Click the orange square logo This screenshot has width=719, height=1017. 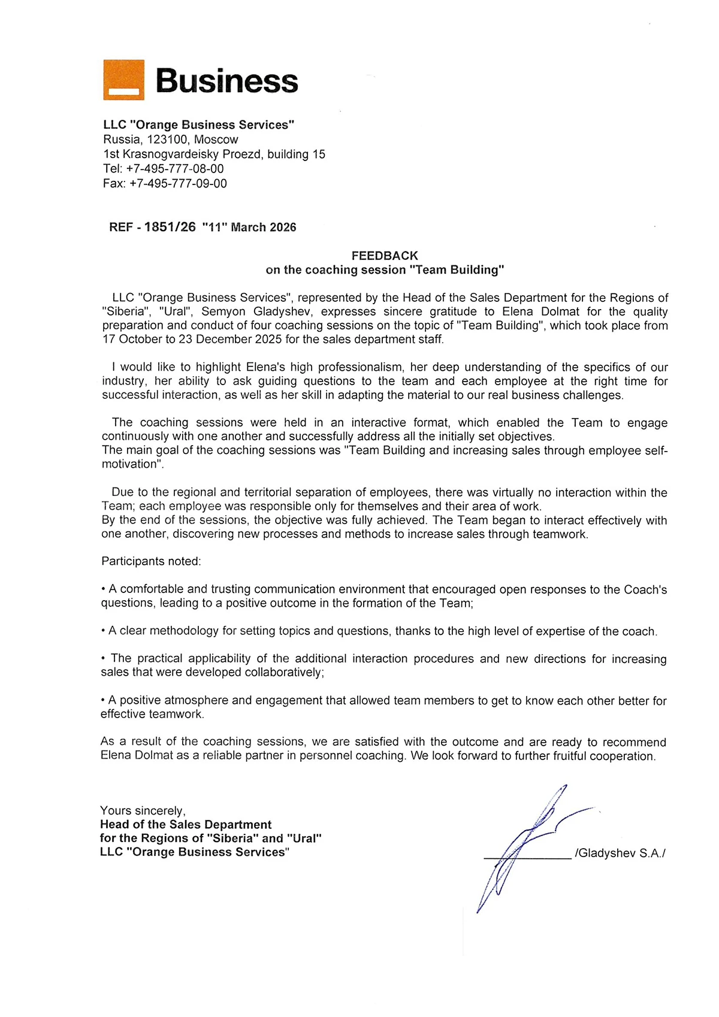[123, 80]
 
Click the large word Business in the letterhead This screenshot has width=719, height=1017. [226, 81]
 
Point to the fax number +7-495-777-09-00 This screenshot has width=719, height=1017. [178, 184]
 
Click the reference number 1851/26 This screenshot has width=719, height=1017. [170, 227]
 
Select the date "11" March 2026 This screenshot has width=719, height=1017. [249, 227]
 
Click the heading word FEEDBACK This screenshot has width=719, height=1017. [385, 256]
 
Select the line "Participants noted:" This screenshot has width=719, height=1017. [151, 561]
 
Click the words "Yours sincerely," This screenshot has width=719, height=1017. [143, 810]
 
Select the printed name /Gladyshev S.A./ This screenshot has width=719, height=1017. [620, 853]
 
